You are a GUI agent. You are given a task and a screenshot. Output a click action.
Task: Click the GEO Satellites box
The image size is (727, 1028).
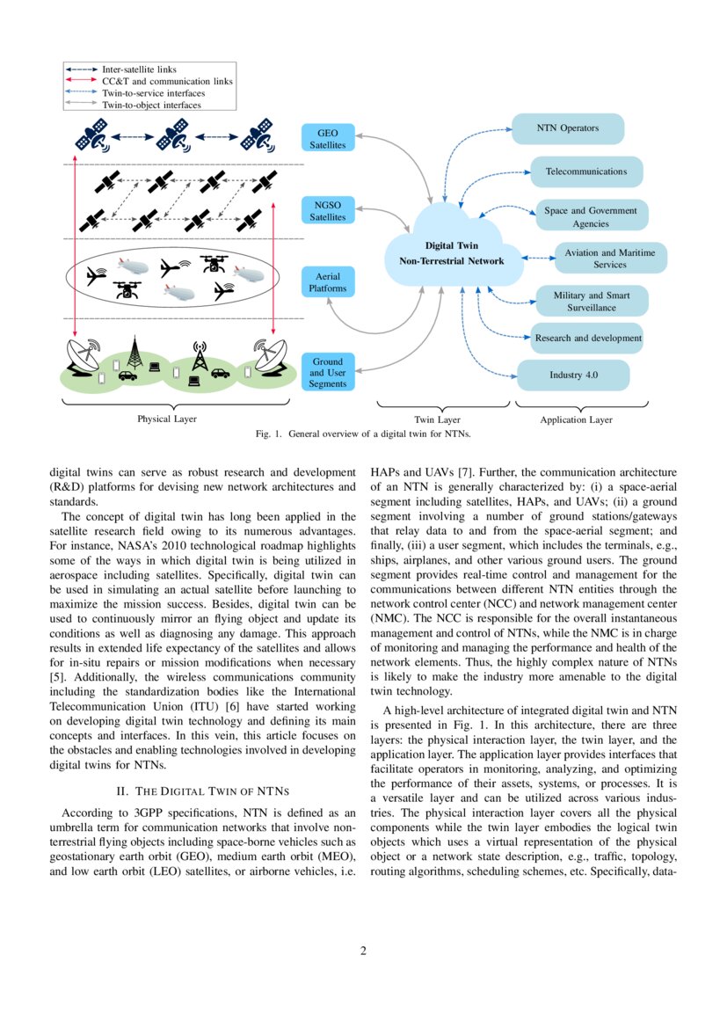pyautogui.click(x=327, y=138)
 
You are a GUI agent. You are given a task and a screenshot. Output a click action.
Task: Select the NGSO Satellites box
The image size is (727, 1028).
pyautogui.click(x=327, y=210)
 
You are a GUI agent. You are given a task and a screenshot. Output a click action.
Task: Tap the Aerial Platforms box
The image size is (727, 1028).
pyautogui.click(x=327, y=281)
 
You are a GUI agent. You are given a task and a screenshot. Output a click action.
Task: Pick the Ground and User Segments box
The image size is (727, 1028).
pyautogui.click(x=327, y=372)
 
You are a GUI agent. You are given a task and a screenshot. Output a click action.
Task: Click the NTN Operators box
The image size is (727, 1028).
pyautogui.click(x=567, y=128)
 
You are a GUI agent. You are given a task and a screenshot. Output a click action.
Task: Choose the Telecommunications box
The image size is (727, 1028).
pyautogui.click(x=585, y=171)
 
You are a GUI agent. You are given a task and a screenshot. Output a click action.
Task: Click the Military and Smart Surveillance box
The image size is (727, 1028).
pyautogui.click(x=591, y=301)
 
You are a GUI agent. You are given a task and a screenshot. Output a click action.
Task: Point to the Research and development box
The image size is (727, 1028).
pyautogui.click(x=588, y=338)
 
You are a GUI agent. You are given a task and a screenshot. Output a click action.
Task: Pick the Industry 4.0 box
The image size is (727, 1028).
pyautogui.click(x=573, y=375)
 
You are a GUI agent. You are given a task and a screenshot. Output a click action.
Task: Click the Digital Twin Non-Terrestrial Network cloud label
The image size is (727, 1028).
pyautogui.click(x=451, y=253)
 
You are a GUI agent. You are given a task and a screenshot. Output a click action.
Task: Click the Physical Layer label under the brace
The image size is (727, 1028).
pyautogui.click(x=166, y=419)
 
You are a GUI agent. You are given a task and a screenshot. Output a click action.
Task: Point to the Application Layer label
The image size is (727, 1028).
pyautogui.click(x=576, y=420)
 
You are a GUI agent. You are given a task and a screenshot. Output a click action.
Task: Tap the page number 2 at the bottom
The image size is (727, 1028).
pyautogui.click(x=363, y=951)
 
